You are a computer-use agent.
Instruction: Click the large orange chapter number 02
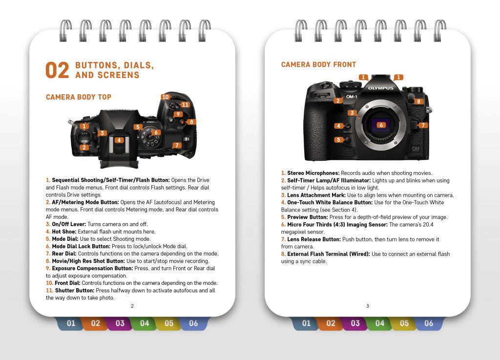pos(57,71)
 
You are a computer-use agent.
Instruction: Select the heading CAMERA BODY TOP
pos(79,97)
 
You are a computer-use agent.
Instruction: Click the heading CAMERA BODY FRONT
pos(318,64)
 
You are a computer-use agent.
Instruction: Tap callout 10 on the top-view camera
pos(166,97)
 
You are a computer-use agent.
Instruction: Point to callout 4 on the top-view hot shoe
pos(119,140)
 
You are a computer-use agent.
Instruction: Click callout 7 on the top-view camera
pos(177,145)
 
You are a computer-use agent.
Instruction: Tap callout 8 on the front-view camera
pos(418,101)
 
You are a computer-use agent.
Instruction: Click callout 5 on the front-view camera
pos(338,140)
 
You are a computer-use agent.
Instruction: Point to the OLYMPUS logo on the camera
pos(380,88)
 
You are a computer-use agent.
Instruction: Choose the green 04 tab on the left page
pos(145,323)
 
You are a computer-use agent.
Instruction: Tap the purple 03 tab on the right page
pos(355,323)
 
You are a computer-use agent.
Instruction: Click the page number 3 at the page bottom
pos(368,306)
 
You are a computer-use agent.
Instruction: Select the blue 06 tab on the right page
pos(428,323)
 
